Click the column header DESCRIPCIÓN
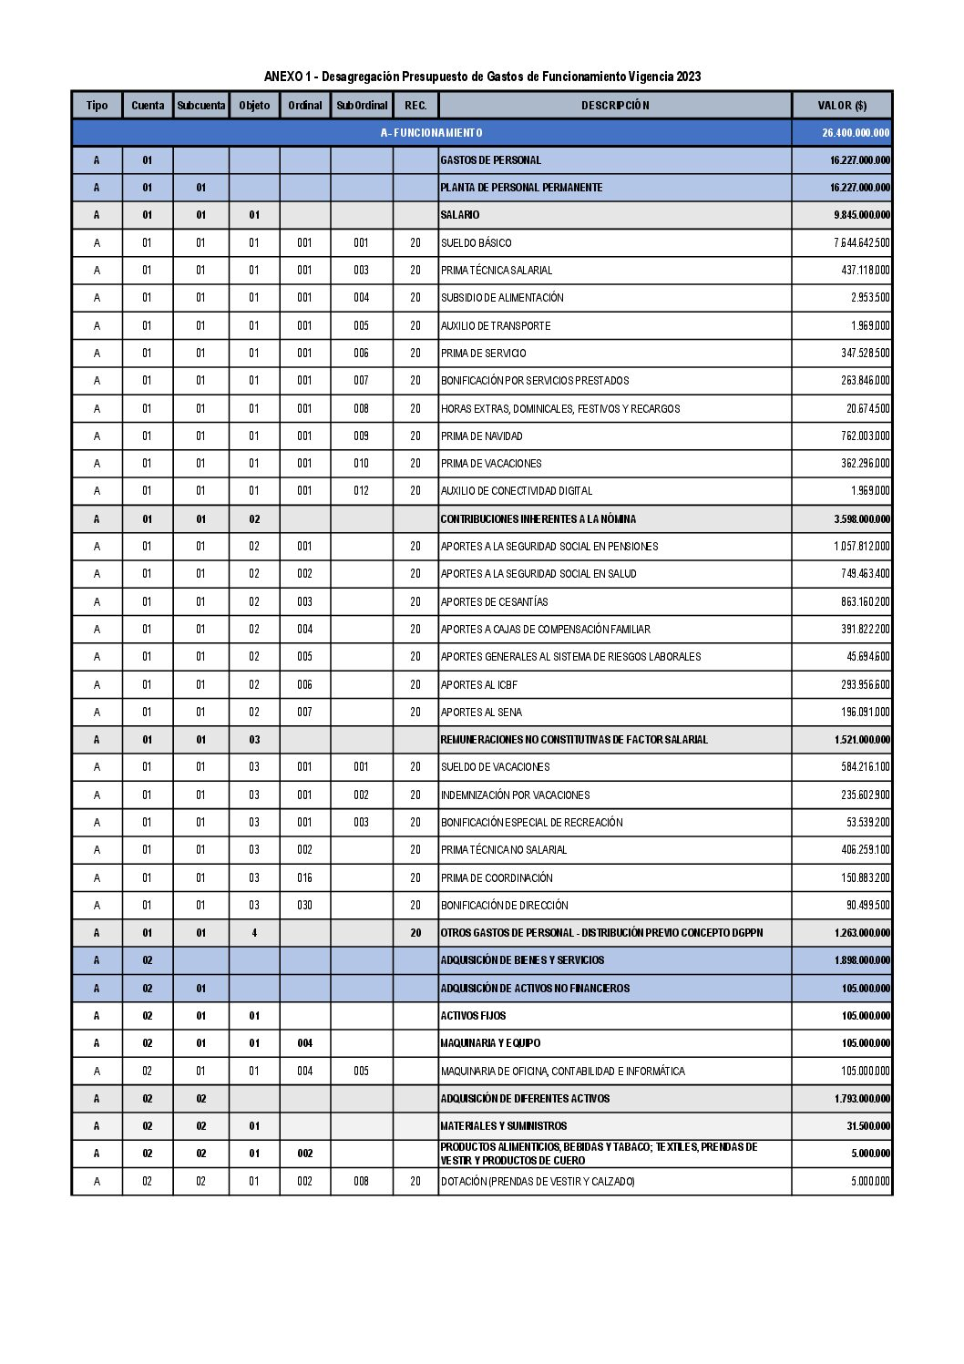(615, 106)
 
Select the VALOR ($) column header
(842, 106)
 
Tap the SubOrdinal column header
(362, 106)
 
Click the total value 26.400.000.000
(855, 133)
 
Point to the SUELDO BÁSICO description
(477, 243)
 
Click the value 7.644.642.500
(861, 243)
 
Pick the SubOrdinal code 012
(362, 491)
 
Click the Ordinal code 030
(304, 906)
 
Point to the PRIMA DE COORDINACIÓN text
(497, 878)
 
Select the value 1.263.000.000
(862, 933)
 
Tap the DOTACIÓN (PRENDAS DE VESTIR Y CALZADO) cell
(538, 1182)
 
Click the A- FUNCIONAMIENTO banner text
(432, 133)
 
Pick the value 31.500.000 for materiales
(868, 1126)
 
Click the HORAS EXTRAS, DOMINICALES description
(560, 409)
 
